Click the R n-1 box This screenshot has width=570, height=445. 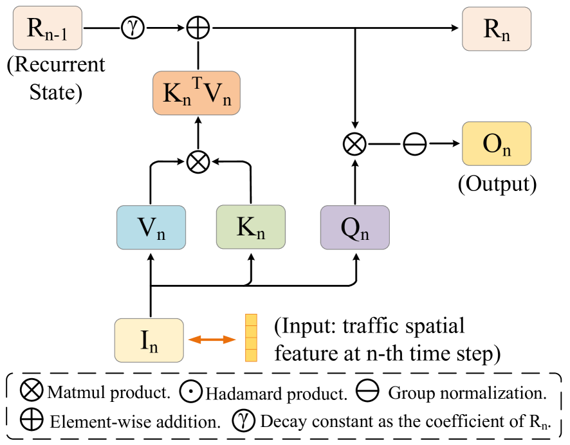pyautogui.click(x=48, y=28)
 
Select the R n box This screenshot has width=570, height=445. pyautogui.click(x=496, y=28)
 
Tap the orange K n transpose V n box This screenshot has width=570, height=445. pyautogui.click(x=196, y=94)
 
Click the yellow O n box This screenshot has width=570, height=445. pyautogui.click(x=496, y=143)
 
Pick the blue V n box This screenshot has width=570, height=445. pyautogui.click(x=151, y=228)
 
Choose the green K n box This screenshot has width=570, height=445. pyautogui.click(x=250, y=228)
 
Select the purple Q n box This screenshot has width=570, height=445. pyautogui.click(x=354, y=228)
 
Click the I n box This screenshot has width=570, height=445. pyautogui.click(x=149, y=340)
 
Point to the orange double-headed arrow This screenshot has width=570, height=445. pyautogui.click(x=212, y=340)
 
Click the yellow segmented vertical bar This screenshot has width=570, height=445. pyautogui.click(x=251, y=338)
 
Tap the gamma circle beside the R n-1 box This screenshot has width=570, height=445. pyautogui.click(x=133, y=28)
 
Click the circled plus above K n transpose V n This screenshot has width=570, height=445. pyautogui.click(x=198, y=28)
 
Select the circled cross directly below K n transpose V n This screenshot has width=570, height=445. pyautogui.click(x=198, y=162)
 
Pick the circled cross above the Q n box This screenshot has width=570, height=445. pyautogui.click(x=354, y=144)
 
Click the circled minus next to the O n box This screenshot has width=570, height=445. pyautogui.click(x=415, y=144)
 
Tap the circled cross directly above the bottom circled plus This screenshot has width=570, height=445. pyautogui.click(x=32, y=390)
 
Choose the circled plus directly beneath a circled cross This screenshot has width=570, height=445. pyautogui.click(x=32, y=420)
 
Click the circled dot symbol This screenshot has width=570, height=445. pyautogui.click(x=190, y=391)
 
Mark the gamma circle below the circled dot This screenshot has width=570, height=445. pyautogui.click(x=243, y=421)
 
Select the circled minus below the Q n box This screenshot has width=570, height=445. pyautogui.click(x=367, y=390)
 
